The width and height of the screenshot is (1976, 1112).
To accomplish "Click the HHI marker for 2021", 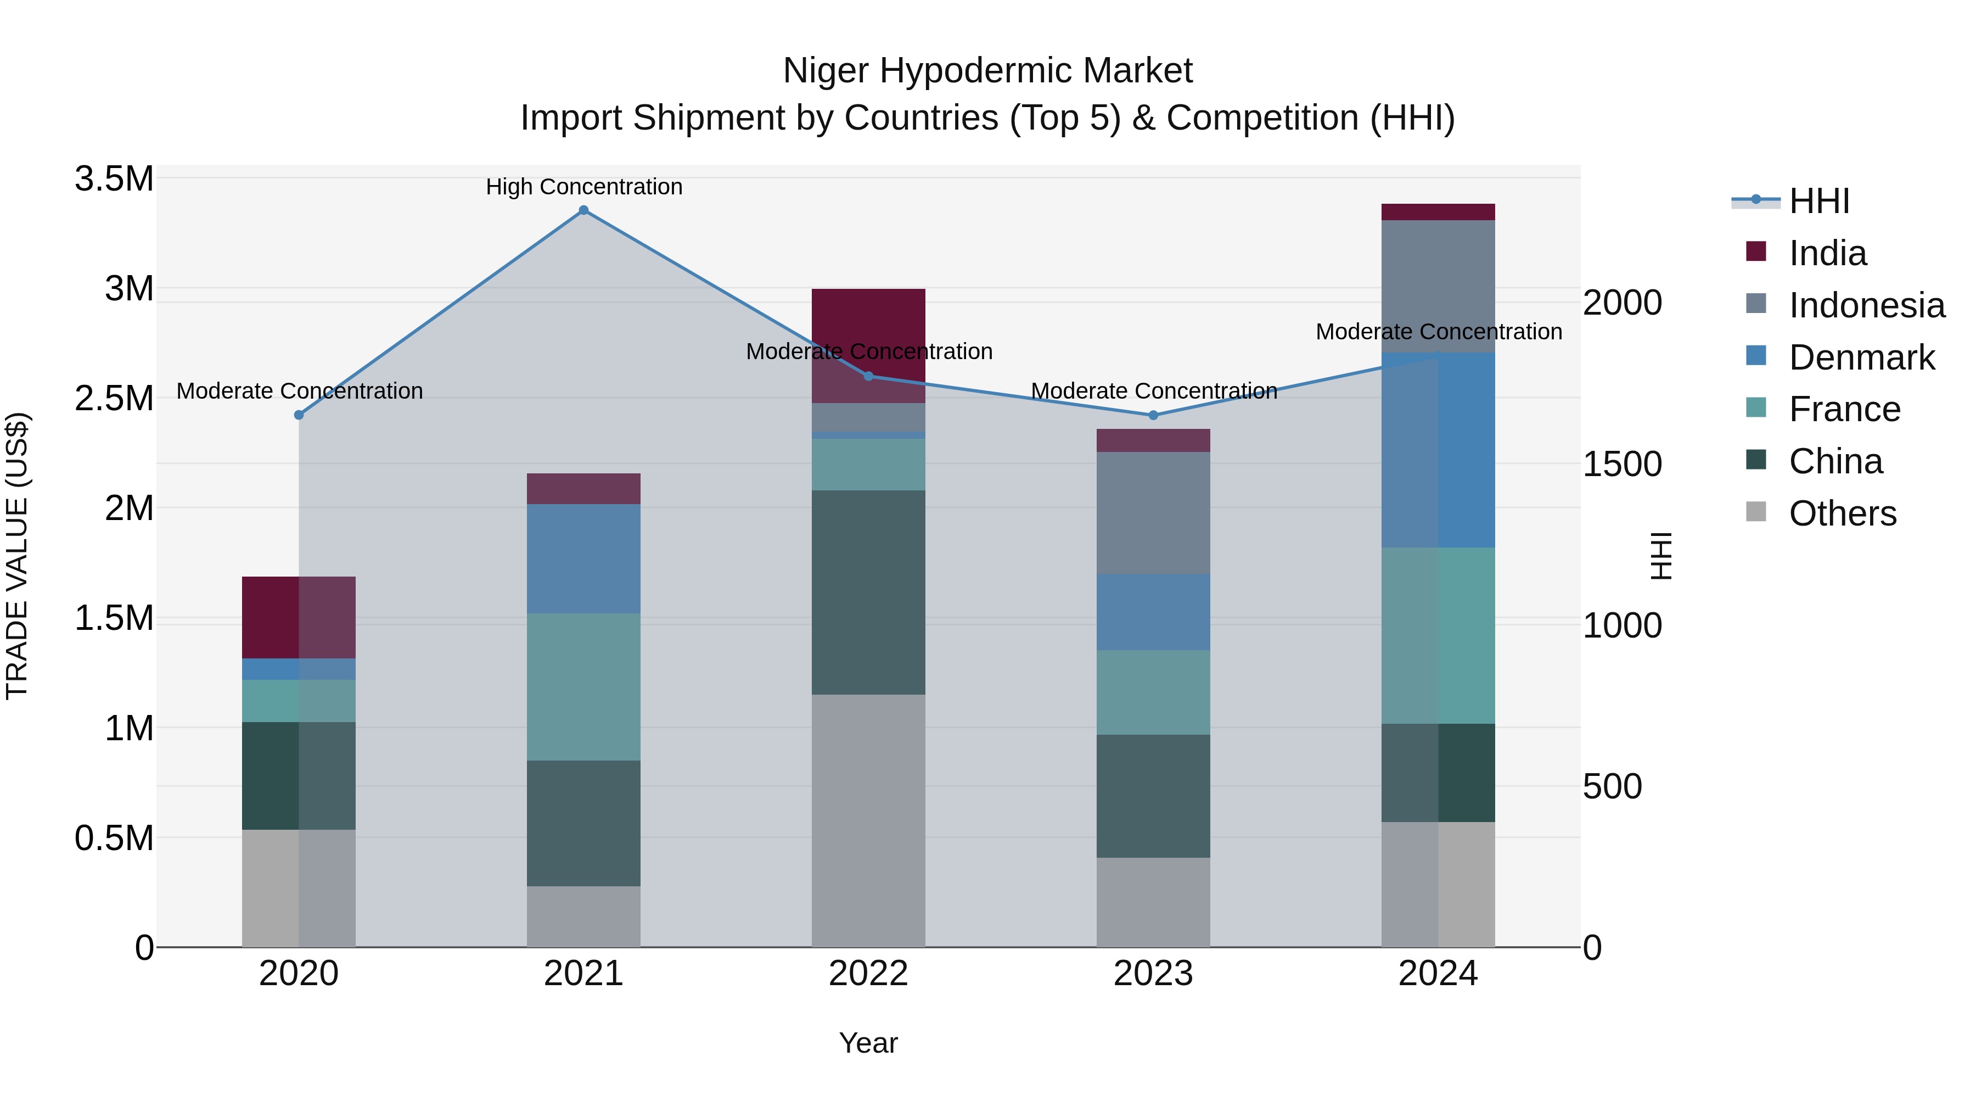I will (584, 210).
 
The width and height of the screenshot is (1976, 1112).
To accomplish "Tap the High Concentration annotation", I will (584, 187).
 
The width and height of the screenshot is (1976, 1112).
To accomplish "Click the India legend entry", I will (1827, 253).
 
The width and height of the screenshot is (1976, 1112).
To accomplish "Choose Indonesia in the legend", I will (1866, 305).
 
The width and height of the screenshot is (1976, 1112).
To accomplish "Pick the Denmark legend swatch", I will (1756, 356).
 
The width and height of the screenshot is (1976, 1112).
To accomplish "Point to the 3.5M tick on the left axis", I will (114, 179).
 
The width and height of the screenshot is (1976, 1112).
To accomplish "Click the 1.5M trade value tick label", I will (114, 618).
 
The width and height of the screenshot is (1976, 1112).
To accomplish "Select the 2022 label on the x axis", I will (868, 974).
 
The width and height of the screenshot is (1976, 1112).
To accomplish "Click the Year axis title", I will (868, 1043).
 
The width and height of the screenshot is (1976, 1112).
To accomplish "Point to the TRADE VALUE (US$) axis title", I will (17, 556).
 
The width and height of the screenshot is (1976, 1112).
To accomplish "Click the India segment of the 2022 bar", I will (868, 345).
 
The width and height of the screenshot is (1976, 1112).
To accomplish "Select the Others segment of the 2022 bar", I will (868, 820).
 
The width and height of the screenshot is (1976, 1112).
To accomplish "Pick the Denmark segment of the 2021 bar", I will (584, 558).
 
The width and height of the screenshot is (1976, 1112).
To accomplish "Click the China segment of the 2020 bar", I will (299, 775).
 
